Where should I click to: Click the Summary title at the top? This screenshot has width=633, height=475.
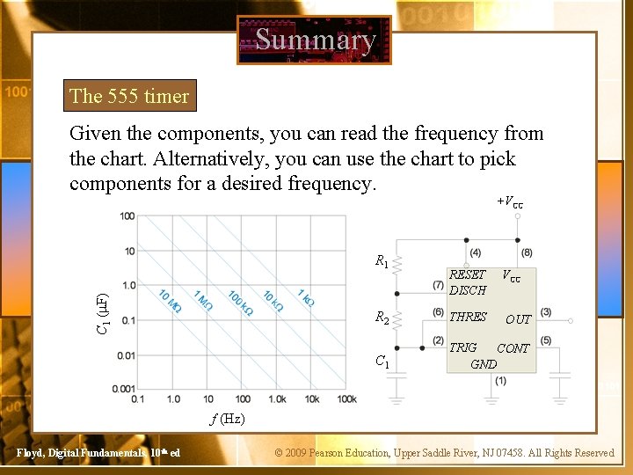(x=315, y=40)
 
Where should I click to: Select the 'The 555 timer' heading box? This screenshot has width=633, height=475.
(x=129, y=96)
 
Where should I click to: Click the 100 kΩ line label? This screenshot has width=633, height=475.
(x=240, y=303)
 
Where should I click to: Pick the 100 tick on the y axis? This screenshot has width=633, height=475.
(x=127, y=216)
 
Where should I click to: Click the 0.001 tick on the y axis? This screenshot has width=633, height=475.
(x=122, y=388)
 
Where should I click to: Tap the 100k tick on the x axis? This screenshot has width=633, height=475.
(x=346, y=399)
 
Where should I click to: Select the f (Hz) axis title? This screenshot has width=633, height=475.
(x=228, y=419)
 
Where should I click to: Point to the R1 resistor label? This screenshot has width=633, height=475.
(x=382, y=260)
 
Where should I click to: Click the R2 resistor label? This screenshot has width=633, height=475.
(x=382, y=318)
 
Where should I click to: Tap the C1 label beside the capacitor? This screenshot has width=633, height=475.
(x=382, y=361)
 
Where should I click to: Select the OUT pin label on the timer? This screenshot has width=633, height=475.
(x=518, y=319)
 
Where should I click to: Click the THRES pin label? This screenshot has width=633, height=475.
(x=468, y=317)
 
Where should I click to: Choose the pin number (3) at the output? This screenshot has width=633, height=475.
(x=546, y=312)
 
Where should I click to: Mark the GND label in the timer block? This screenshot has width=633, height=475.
(x=484, y=364)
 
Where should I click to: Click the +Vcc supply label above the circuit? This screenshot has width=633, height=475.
(x=510, y=201)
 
